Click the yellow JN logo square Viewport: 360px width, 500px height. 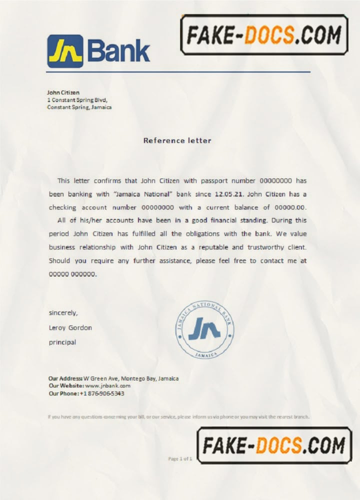click(x=65, y=51)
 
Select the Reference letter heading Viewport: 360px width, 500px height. click(x=177, y=140)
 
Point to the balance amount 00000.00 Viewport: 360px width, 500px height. click(x=289, y=207)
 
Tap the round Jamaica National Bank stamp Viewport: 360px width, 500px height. click(x=205, y=329)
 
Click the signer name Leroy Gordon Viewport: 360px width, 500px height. click(x=70, y=328)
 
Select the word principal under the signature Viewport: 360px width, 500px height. click(x=62, y=342)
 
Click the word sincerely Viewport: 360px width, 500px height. click(x=63, y=313)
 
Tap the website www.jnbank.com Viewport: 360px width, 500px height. click(x=107, y=386)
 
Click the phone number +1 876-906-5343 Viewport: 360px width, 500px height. click(x=102, y=393)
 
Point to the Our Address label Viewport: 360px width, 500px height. click(x=65, y=378)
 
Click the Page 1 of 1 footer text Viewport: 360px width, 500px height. click(x=180, y=458)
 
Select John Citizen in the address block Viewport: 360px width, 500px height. click(x=63, y=92)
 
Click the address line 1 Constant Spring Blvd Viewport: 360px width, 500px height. click(x=77, y=99)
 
